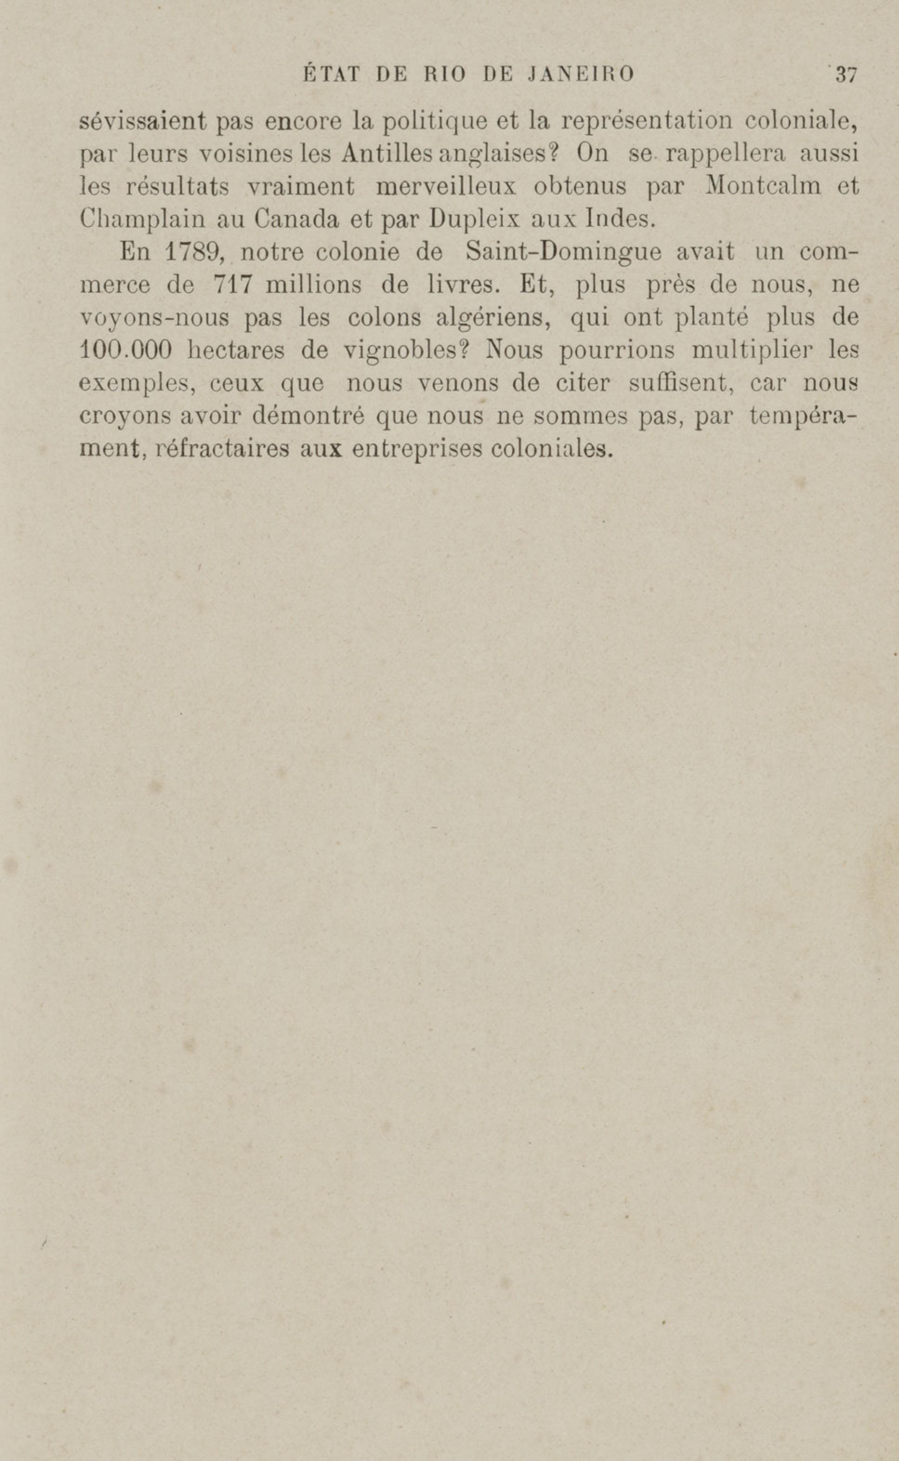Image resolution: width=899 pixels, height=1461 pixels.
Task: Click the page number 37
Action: [x=845, y=75]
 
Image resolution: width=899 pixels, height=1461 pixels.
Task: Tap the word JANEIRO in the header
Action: [x=580, y=74]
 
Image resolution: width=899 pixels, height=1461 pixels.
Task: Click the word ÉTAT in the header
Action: [x=332, y=74]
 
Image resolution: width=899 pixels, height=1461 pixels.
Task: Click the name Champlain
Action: [x=142, y=221]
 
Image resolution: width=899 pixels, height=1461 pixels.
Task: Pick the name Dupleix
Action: [x=473, y=221]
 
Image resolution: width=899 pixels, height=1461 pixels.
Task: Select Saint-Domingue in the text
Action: [x=563, y=253]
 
